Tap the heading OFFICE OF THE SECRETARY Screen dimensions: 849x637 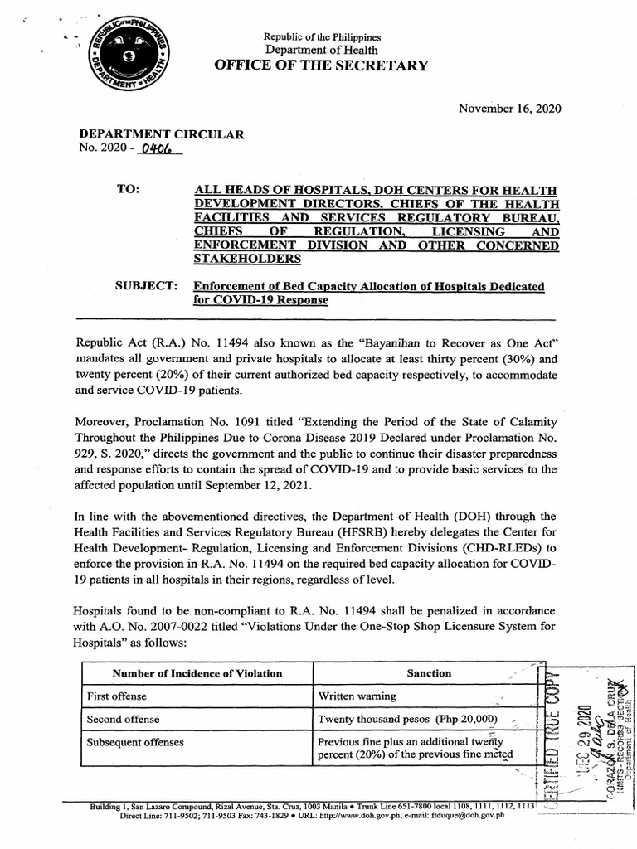coord(322,65)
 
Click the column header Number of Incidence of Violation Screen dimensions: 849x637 coord(197,673)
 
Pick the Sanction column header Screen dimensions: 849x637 coord(428,673)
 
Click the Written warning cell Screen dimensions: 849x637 coord(357,696)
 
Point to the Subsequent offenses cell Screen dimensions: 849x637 coord(135,741)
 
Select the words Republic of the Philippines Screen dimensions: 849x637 coord(322,37)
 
